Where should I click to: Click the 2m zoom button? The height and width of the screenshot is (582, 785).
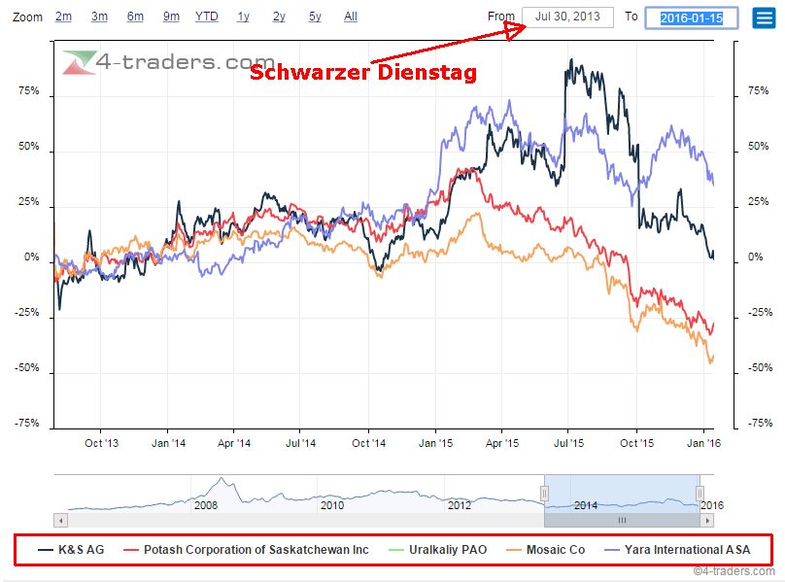63,17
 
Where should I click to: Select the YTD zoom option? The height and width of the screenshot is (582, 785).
206,17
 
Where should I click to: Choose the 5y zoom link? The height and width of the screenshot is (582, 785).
315,17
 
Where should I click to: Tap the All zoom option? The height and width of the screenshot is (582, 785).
350,17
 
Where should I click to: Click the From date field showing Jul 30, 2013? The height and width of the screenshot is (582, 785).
567,17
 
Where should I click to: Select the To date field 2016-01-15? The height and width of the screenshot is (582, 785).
691,17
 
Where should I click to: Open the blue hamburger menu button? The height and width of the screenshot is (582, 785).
764,17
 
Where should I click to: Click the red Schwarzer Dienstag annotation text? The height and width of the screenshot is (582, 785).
362,73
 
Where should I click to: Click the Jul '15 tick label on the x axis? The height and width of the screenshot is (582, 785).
569,443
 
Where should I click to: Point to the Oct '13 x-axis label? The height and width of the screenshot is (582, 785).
101,443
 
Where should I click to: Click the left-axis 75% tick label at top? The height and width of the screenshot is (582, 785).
29,91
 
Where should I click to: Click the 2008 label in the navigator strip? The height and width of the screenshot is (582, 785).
206,505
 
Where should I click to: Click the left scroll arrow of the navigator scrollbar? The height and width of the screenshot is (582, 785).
60,521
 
